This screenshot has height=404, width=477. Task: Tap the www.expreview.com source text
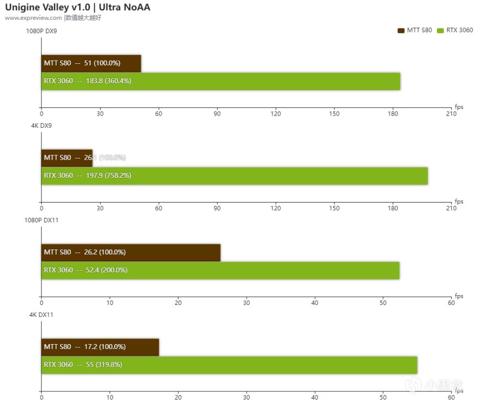click(34, 18)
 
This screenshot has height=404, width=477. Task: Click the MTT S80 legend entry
click(415, 30)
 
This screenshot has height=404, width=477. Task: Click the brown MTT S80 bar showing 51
click(91, 63)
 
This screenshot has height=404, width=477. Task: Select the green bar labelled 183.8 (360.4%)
click(220, 81)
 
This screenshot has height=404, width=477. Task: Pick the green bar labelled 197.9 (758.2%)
click(234, 176)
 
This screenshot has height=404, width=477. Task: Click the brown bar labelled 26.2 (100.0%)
click(131, 253)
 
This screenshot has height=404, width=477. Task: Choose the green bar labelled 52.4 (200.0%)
click(220, 270)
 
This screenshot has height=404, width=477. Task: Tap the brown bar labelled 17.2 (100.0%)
click(100, 347)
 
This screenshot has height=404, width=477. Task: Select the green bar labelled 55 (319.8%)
click(229, 365)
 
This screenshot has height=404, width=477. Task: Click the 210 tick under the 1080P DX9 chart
click(451, 114)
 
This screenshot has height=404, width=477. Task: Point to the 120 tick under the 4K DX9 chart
click(276, 209)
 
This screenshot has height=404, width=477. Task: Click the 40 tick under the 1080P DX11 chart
click(315, 303)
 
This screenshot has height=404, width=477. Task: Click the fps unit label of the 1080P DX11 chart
click(459, 296)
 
